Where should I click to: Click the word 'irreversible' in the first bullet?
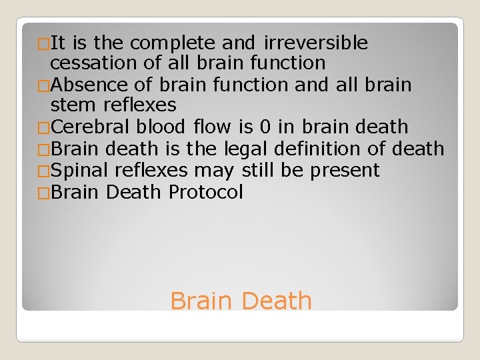[x=315, y=43]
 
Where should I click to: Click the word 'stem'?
[x=74, y=105]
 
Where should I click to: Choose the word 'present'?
[x=345, y=171]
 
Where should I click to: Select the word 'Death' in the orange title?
[x=276, y=301]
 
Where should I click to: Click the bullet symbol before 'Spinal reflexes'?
[x=44, y=171]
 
